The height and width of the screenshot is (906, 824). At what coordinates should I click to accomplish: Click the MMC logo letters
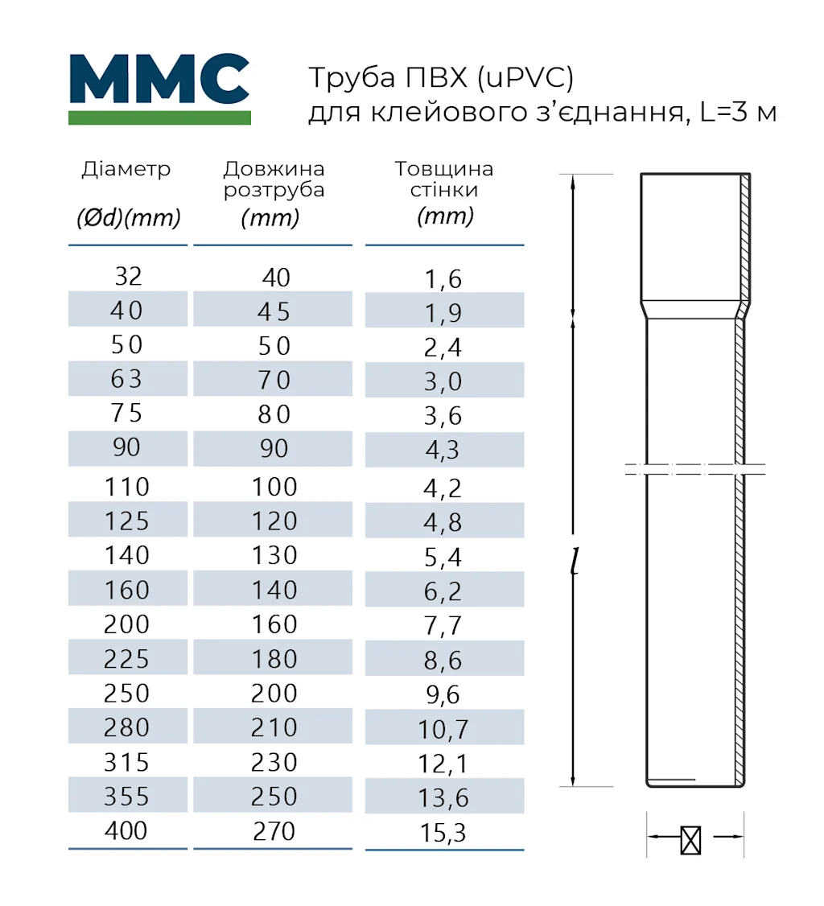pyautogui.click(x=159, y=79)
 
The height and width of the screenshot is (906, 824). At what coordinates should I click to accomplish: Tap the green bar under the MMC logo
pyautogui.click(x=159, y=117)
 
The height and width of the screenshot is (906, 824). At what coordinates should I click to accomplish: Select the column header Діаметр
pyautogui.click(x=126, y=170)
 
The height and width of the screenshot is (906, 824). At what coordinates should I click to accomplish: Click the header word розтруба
pyautogui.click(x=274, y=191)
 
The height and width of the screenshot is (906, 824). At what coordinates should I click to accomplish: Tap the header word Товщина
pyautogui.click(x=443, y=170)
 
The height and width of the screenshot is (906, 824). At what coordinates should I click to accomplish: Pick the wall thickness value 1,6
pyautogui.click(x=443, y=279)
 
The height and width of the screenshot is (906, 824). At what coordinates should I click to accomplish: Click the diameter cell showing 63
pyautogui.click(x=128, y=379)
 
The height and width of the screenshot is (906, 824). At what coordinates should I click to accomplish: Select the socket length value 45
pyautogui.click(x=274, y=311)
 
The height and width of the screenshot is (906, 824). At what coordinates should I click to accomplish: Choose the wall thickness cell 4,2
pyautogui.click(x=443, y=488)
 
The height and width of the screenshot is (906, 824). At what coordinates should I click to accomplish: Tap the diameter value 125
pyautogui.click(x=127, y=521)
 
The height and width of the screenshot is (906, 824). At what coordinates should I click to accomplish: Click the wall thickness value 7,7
pyautogui.click(x=443, y=626)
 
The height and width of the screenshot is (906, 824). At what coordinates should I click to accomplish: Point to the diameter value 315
pyautogui.click(x=127, y=762)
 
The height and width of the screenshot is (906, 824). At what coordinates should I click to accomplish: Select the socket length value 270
pyautogui.click(x=274, y=830)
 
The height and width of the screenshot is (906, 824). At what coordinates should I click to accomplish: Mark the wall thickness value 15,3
pyautogui.click(x=443, y=833)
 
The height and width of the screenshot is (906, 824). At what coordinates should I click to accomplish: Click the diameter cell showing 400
pyautogui.click(x=127, y=830)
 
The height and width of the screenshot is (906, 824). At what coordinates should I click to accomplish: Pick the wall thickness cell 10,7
pyautogui.click(x=443, y=730)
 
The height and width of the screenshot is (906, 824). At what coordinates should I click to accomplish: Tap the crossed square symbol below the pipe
pyautogui.click(x=690, y=840)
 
